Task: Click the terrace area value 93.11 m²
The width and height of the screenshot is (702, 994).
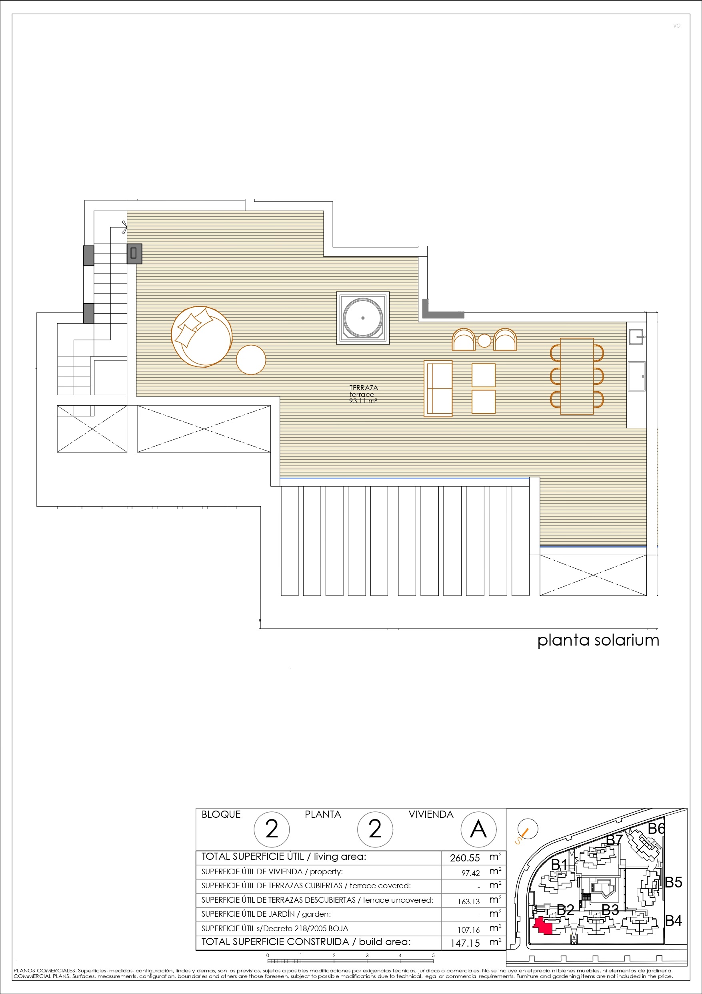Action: pos(363,401)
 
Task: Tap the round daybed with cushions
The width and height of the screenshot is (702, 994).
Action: pos(202,336)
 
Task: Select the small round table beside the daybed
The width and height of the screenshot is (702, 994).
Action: pos(251,359)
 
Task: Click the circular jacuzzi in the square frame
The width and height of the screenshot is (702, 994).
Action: pos(363,318)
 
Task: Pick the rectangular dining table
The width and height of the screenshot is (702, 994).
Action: pos(577,376)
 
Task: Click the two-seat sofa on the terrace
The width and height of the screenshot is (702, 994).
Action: pos(438,388)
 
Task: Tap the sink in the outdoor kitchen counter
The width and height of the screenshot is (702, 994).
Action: pos(637,336)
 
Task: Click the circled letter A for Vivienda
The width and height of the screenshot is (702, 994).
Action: pos(478,829)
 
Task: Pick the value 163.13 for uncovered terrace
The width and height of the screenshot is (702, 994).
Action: pos(469,902)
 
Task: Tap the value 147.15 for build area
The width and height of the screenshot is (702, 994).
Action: pos(465,943)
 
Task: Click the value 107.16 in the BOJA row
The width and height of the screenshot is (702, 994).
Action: pos(469,930)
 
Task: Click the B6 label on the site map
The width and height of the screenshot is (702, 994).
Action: pos(656,829)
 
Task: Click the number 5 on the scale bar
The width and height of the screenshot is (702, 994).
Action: pos(433,955)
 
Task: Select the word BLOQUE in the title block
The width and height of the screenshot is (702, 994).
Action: pos(221,814)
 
